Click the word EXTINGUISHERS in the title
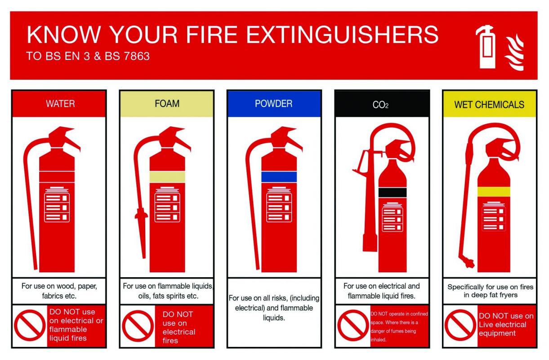(x=342, y=35)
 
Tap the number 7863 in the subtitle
(x=137, y=56)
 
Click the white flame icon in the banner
(x=514, y=52)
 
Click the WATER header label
(x=60, y=104)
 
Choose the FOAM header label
(x=167, y=103)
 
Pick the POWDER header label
(x=273, y=103)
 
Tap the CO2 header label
(x=380, y=105)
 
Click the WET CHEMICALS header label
(x=489, y=105)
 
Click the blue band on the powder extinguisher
(x=279, y=177)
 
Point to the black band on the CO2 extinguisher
(x=393, y=193)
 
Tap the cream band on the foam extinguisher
(x=167, y=177)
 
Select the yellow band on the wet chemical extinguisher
(x=494, y=192)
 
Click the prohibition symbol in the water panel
(x=30, y=325)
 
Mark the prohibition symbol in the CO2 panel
(x=353, y=325)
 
